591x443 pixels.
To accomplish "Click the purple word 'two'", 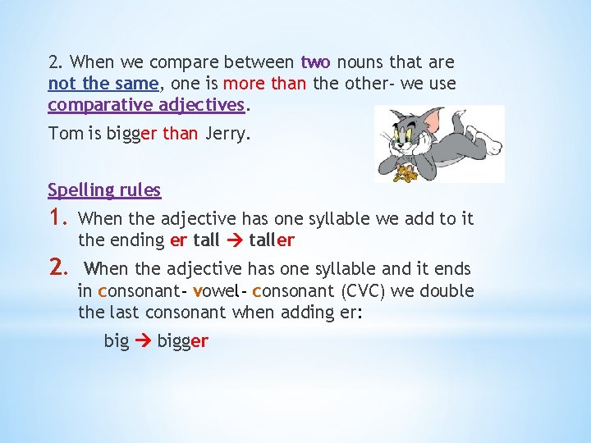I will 316,62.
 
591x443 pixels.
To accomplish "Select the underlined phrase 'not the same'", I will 103,84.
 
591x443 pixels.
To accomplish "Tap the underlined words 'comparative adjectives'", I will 146,105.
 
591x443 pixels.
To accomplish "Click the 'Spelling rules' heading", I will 104,190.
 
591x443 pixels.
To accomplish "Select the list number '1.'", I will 57,217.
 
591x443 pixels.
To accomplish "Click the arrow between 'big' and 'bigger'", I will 143,340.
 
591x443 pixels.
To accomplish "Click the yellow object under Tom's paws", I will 404,173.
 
